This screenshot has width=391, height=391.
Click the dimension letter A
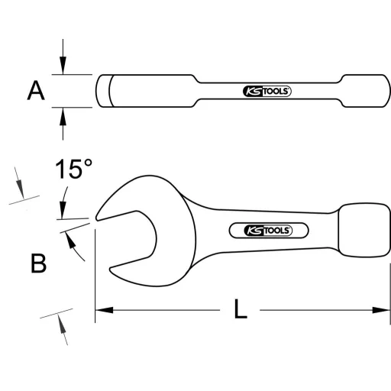pyautogui.click(x=36, y=92)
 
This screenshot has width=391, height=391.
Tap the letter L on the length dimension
pyautogui.click(x=240, y=309)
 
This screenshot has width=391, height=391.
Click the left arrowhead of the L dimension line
pyautogui.click(x=102, y=310)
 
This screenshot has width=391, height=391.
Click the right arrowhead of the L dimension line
pyautogui.click(x=383, y=310)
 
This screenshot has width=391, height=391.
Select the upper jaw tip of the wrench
pyautogui.click(x=99, y=216)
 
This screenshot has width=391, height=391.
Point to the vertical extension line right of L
pyautogui.click(x=389, y=290)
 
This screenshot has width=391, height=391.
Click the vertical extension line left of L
pyautogui.click(x=95, y=290)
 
